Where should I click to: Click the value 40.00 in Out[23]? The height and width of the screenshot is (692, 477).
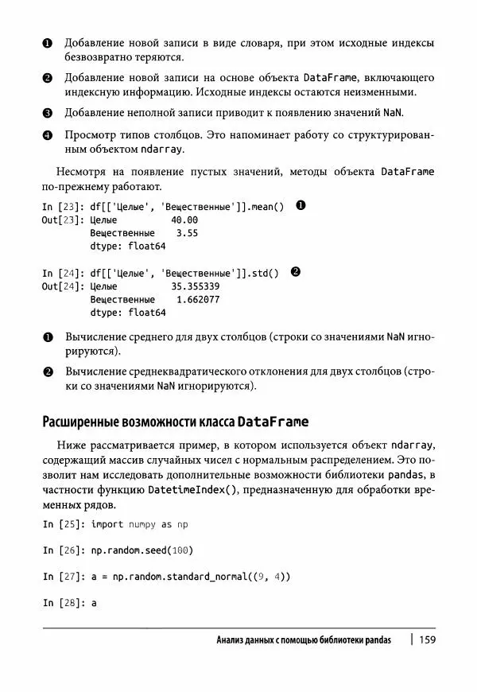tap(184, 220)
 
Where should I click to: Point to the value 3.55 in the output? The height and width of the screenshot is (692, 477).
tap(187, 233)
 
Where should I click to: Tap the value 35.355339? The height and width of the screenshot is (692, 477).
tap(196, 286)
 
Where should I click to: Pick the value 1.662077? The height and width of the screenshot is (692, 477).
tap(198, 300)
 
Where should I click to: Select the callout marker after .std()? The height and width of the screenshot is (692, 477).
tap(295, 272)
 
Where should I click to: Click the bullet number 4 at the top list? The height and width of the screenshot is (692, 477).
tap(47, 136)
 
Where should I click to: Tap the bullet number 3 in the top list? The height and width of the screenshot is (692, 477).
tap(47, 113)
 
